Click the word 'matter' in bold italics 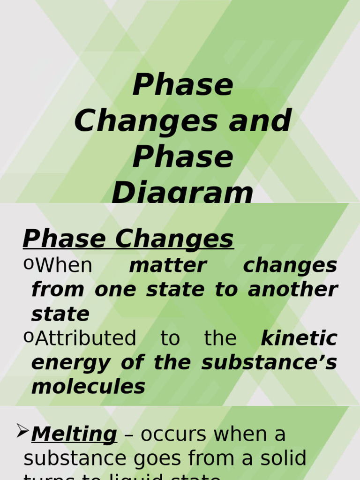coord(167,265)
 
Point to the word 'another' coord(292,289)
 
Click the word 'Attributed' coord(86,338)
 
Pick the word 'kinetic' coord(299,338)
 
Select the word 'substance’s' coord(269,362)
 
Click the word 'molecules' coord(88,387)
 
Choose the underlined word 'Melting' coord(74,435)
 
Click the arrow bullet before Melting coord(22,430)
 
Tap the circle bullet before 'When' coord(28,264)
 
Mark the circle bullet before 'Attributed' coord(28,337)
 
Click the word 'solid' coord(284,458)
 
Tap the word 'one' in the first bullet coord(114,290)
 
